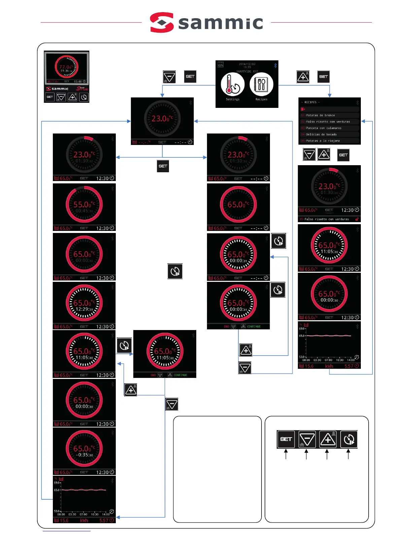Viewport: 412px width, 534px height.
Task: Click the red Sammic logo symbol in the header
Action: (x=162, y=23)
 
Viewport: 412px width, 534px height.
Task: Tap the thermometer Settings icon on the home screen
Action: (x=232, y=85)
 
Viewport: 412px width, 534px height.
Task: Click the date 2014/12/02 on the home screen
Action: (x=247, y=64)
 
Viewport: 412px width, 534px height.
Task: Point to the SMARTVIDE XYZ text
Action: (x=247, y=71)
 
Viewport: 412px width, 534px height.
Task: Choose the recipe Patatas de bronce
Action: (x=320, y=115)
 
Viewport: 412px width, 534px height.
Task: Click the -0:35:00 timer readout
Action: (x=84, y=455)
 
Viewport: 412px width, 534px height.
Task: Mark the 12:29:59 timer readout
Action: (x=84, y=309)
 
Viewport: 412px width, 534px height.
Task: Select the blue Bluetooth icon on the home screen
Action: (x=275, y=65)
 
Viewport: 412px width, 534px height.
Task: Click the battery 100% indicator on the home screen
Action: (x=220, y=64)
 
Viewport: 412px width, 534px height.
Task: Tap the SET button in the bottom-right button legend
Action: (x=286, y=439)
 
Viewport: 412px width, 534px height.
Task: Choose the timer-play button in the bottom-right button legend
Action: (x=349, y=439)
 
